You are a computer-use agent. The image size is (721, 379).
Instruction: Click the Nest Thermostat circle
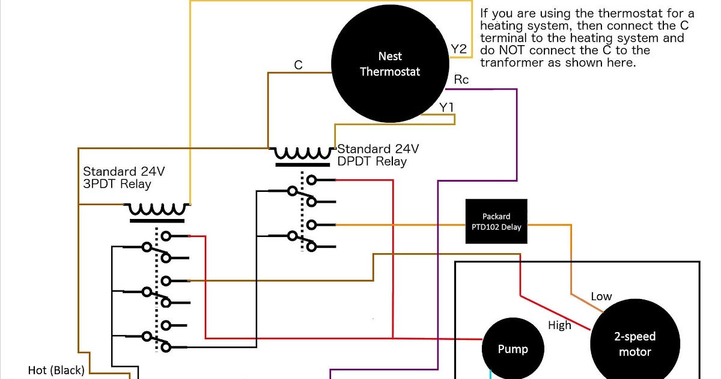391,64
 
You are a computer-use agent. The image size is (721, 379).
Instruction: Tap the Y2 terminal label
458,49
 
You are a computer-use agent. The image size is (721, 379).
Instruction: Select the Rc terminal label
461,80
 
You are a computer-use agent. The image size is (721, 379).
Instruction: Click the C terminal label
298,65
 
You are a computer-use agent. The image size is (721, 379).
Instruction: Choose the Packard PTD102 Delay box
496,221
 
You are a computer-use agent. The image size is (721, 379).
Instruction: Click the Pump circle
513,349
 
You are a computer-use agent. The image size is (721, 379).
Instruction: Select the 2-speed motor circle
634,344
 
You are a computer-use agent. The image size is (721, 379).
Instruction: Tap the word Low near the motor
601,296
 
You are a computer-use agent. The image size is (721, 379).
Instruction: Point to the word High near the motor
559,325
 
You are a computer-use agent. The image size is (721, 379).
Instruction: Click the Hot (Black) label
56,370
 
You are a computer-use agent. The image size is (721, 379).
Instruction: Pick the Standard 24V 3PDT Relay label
124,177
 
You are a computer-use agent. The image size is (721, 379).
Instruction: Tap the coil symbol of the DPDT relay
303,154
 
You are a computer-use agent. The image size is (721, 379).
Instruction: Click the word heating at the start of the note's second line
501,26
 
